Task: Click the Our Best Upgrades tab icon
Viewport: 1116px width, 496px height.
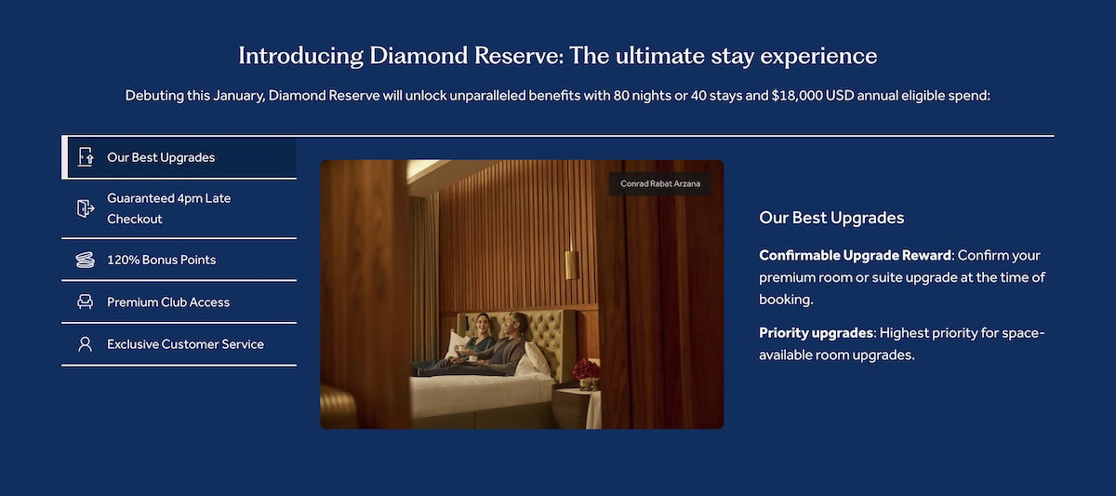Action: [x=86, y=157]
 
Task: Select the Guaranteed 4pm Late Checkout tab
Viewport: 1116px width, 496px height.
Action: [x=179, y=208]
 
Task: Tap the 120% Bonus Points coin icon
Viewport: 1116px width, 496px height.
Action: [x=86, y=260]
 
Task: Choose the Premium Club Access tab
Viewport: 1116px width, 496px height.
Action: [x=179, y=302]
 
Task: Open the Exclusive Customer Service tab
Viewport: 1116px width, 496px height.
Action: [x=179, y=344]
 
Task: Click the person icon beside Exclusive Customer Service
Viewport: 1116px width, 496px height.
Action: [x=86, y=344]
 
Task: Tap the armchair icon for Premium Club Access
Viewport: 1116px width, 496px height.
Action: [x=86, y=302]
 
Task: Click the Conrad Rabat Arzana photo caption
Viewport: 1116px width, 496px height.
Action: [x=660, y=183]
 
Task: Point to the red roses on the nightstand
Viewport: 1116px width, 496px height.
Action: [x=585, y=369]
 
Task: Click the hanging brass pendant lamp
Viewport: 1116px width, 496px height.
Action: [x=571, y=264]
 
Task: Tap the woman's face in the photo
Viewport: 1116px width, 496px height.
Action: [x=482, y=325]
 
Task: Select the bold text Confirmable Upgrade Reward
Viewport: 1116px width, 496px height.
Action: [x=855, y=255]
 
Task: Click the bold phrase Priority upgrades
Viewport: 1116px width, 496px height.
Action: [x=817, y=332]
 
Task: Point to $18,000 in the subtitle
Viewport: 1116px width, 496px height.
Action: [x=797, y=95]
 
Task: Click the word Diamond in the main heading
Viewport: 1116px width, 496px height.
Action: [x=418, y=55]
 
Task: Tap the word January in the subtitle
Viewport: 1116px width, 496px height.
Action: [x=238, y=95]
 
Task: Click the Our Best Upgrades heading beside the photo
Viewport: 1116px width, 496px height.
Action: [x=831, y=218]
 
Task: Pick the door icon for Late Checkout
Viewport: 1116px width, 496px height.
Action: [x=86, y=208]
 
